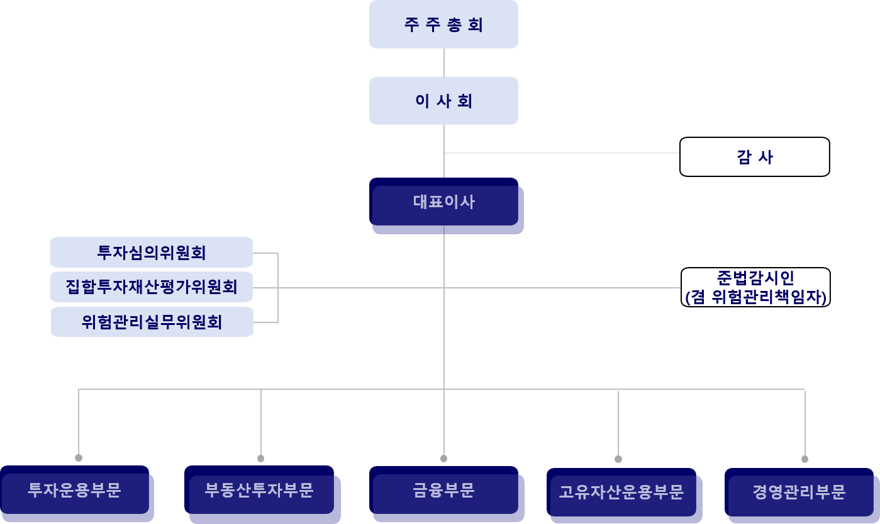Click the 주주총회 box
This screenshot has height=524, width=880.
pos(443,25)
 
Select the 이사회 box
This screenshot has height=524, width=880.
pos(443,101)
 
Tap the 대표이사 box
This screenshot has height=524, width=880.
pos(444,202)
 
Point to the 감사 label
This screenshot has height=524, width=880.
pos(754,157)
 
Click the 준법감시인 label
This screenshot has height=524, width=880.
pos(755,278)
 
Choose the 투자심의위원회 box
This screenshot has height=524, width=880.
pos(152,253)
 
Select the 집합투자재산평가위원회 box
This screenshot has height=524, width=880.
pos(152,287)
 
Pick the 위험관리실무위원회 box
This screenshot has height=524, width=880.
pos(152,322)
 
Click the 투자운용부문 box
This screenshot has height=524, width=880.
pos(74,490)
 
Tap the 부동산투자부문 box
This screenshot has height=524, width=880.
pos(259,490)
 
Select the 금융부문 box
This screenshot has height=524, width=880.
pos(444,490)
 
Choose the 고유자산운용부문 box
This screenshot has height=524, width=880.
pos(621,492)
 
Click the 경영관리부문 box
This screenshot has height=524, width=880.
pos(799,492)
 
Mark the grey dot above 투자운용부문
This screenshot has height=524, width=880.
pos(79,458)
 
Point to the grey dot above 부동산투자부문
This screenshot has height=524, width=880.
pos(261,458)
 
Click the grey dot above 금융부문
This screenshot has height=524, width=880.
pos(444,458)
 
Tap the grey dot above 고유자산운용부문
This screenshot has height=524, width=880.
pos(618,459)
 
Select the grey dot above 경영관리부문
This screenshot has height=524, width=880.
pos(805,459)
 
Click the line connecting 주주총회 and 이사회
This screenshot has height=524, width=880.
pos(444,62)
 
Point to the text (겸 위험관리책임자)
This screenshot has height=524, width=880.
pos(755,297)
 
